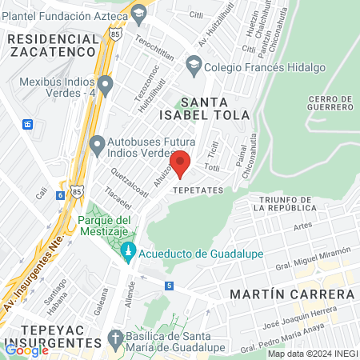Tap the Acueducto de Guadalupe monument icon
click(x=127, y=253)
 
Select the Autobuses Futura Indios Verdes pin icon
click(x=98, y=146)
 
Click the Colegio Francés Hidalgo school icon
click(x=193, y=63)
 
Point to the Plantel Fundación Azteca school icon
click(x=139, y=13)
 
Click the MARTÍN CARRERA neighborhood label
click(x=291, y=294)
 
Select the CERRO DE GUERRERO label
click(x=329, y=102)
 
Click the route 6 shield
click(x=60, y=195)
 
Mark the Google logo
click(x=26, y=350)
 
